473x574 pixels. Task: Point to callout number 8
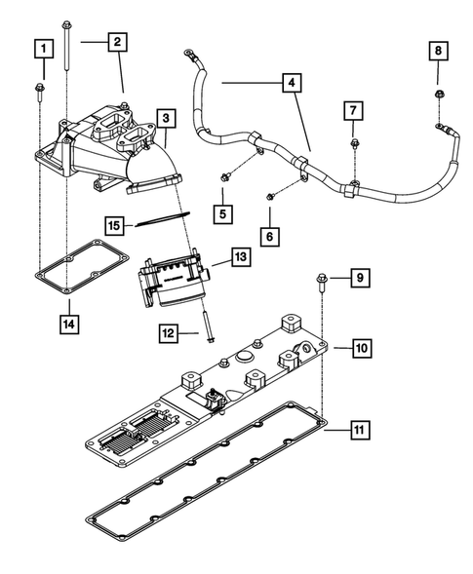click(437, 50)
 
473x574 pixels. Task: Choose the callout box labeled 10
click(360, 347)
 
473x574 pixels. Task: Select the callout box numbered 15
click(115, 226)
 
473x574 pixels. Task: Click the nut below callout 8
click(437, 95)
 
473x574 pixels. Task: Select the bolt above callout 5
click(225, 177)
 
